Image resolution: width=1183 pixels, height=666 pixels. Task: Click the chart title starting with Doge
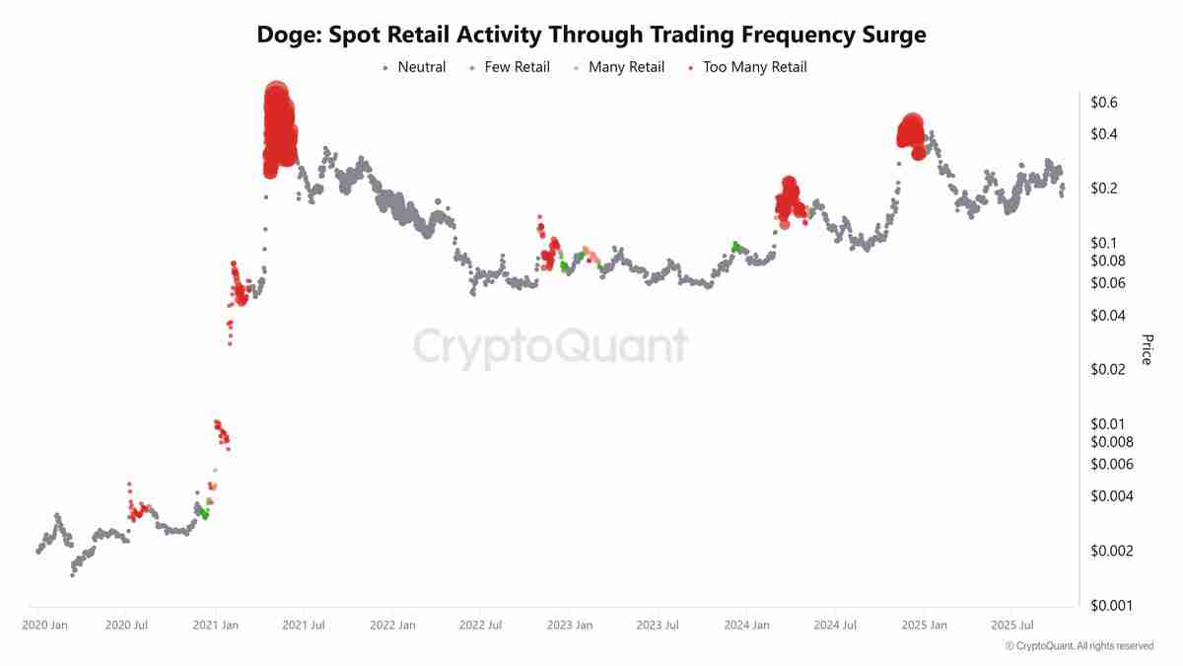click(x=591, y=35)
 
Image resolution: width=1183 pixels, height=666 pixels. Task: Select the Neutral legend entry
click(x=421, y=67)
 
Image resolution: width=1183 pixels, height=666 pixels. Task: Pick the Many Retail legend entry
click(x=626, y=67)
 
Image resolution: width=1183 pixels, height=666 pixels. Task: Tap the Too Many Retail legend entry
click(x=754, y=67)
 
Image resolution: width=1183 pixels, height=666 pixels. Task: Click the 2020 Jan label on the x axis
click(x=44, y=626)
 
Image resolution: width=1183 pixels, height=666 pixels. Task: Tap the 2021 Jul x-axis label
click(x=304, y=626)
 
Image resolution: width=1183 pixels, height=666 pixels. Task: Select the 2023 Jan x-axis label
click(x=570, y=626)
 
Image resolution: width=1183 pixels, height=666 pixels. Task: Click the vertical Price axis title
click(x=1147, y=349)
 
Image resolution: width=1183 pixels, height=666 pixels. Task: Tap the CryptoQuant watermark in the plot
click(x=549, y=347)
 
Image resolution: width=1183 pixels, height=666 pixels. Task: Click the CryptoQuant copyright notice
click(x=1079, y=646)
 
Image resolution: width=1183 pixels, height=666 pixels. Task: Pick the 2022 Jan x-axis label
click(x=392, y=626)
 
